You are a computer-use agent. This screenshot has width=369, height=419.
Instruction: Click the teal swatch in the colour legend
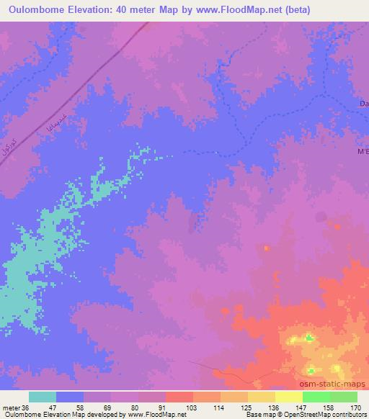tap(43, 397)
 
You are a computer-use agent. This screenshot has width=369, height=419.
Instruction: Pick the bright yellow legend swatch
tap(288, 397)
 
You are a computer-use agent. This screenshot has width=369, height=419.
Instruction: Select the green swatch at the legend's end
tap(343, 397)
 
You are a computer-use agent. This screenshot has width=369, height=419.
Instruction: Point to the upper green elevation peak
tap(308, 338)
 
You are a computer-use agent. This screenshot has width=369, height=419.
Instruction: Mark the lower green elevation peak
tap(310, 371)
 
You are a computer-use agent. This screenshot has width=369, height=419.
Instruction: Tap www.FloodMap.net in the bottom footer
tap(156, 415)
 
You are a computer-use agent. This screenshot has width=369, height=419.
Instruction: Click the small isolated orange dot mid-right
tap(266, 248)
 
